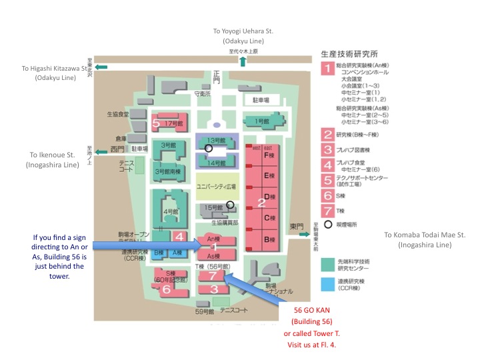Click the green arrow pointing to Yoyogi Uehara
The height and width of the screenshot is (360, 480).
pos(243,61)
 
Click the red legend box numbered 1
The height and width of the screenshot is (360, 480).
pos(327,68)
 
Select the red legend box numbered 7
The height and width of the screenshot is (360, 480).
pos(327,211)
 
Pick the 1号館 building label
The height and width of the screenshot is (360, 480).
pos(261,121)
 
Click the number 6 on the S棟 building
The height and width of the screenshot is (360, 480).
pos(166,289)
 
